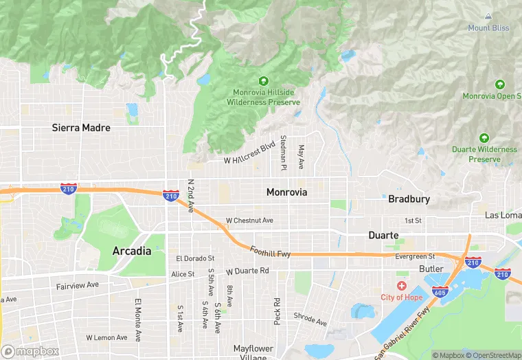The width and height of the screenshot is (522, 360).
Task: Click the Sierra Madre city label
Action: [x=81, y=128]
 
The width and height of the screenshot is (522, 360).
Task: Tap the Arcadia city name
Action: [x=131, y=251]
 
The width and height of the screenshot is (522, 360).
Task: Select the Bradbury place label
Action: [x=409, y=199]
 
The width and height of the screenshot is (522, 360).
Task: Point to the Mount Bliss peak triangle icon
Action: [x=488, y=16]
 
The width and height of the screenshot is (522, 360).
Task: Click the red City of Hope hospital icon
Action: [x=401, y=285]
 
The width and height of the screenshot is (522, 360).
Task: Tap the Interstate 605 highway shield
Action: [x=440, y=292]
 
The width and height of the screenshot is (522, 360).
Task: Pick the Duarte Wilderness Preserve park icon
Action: [x=484, y=138]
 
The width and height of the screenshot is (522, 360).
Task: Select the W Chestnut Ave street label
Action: [x=249, y=221]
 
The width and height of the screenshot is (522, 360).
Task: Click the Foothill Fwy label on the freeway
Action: [x=271, y=252]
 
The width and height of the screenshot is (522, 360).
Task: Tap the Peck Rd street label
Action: [x=277, y=311]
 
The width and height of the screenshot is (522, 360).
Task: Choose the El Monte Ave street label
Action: [x=138, y=320]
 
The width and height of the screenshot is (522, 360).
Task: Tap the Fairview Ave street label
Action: [x=78, y=284]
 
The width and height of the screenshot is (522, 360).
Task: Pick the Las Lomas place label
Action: [x=503, y=215]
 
